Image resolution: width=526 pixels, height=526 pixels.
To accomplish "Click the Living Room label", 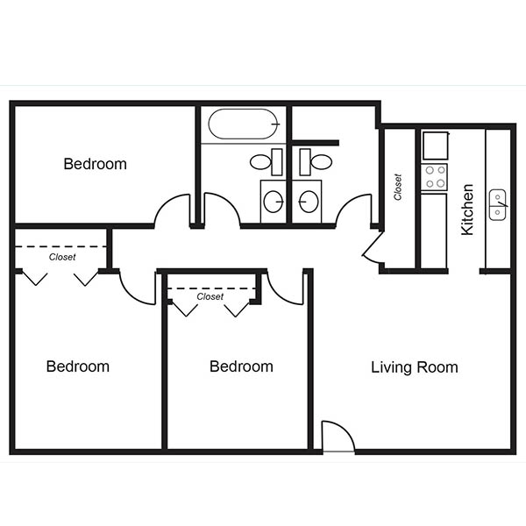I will [414, 367].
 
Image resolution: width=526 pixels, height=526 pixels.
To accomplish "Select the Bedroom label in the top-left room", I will [95, 164].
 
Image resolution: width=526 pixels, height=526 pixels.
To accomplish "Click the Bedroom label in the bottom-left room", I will [78, 366].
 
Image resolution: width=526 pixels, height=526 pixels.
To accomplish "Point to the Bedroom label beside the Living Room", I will [241, 366].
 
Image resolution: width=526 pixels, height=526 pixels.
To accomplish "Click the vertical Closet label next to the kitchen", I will [398, 186].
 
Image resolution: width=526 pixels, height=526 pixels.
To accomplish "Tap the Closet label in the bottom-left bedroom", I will [62, 257].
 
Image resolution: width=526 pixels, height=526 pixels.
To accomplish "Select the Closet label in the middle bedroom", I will [210, 296].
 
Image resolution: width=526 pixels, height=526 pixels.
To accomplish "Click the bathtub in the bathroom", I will [242, 124].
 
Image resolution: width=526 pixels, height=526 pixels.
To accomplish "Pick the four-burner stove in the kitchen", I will [435, 176].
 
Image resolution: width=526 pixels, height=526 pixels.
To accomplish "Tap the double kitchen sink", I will [498, 204].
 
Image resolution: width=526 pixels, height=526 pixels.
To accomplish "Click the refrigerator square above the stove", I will [435, 145].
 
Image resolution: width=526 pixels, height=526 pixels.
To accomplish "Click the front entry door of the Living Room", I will [338, 437].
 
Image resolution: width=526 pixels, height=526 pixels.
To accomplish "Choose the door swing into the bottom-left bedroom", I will [137, 287].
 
